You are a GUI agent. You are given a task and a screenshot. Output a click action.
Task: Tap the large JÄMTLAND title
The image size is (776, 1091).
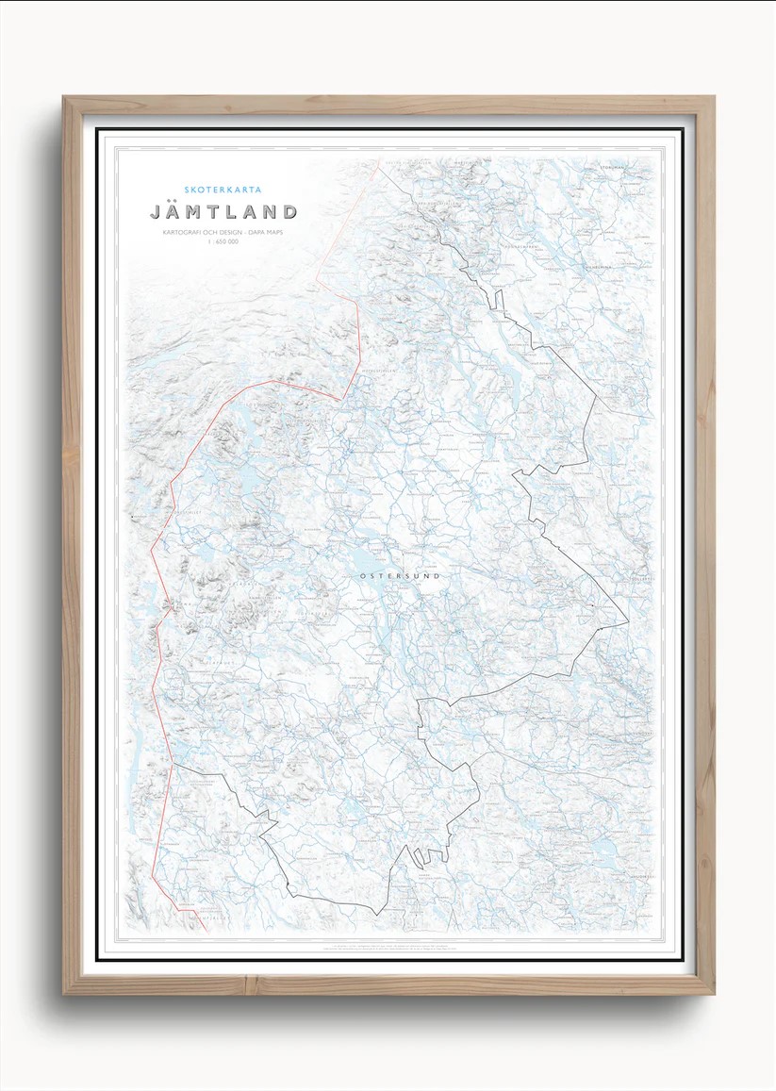pyautogui.click(x=223, y=212)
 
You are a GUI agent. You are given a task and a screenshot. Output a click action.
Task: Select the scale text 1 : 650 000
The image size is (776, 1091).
pyautogui.click(x=223, y=243)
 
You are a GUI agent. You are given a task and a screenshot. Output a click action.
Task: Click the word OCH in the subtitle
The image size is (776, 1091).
pyautogui.click(x=212, y=232)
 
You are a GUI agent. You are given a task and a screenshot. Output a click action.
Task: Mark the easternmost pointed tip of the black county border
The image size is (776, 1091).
pyautogui.click(x=628, y=622)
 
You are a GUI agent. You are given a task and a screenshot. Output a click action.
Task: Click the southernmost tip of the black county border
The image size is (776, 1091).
pyautogui.click(x=376, y=914)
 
